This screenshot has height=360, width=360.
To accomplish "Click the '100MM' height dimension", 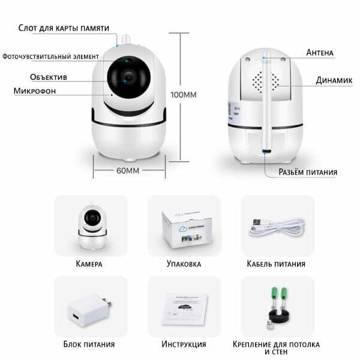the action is click(184, 95).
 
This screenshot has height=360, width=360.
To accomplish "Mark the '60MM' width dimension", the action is click(128, 170).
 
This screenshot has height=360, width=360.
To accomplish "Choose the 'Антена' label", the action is click(320, 53).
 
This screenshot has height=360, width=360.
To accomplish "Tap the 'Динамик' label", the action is click(334, 80).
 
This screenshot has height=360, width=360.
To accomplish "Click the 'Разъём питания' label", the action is click(308, 172).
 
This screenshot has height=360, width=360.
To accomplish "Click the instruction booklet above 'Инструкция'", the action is click(184, 309).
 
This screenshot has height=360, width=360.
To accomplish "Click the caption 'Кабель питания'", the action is click(277, 263).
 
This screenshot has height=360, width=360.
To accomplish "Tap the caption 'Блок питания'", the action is click(89, 344).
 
